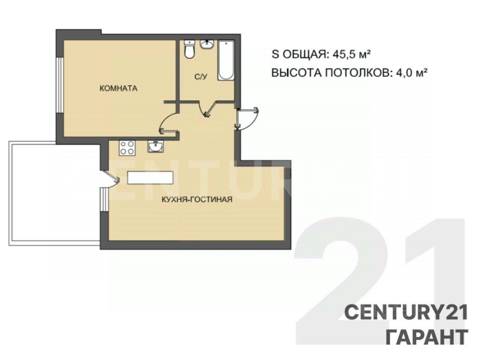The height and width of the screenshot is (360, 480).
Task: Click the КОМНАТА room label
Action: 118,88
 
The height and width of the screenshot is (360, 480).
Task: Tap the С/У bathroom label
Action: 201,77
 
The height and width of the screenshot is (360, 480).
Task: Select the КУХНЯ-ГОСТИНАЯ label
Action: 197,199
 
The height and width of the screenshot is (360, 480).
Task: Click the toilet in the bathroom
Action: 189,49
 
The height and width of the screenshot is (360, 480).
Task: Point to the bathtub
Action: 225,60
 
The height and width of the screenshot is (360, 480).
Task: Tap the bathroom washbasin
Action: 206,44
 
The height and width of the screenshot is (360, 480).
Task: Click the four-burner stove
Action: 127,148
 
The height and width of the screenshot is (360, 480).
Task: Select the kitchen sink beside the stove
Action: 155,146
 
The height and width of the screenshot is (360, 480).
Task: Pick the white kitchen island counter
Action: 150,177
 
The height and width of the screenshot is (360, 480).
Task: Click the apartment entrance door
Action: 247,119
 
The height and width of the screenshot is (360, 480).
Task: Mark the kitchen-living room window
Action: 105,199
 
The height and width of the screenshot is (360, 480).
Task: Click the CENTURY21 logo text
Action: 406,313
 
